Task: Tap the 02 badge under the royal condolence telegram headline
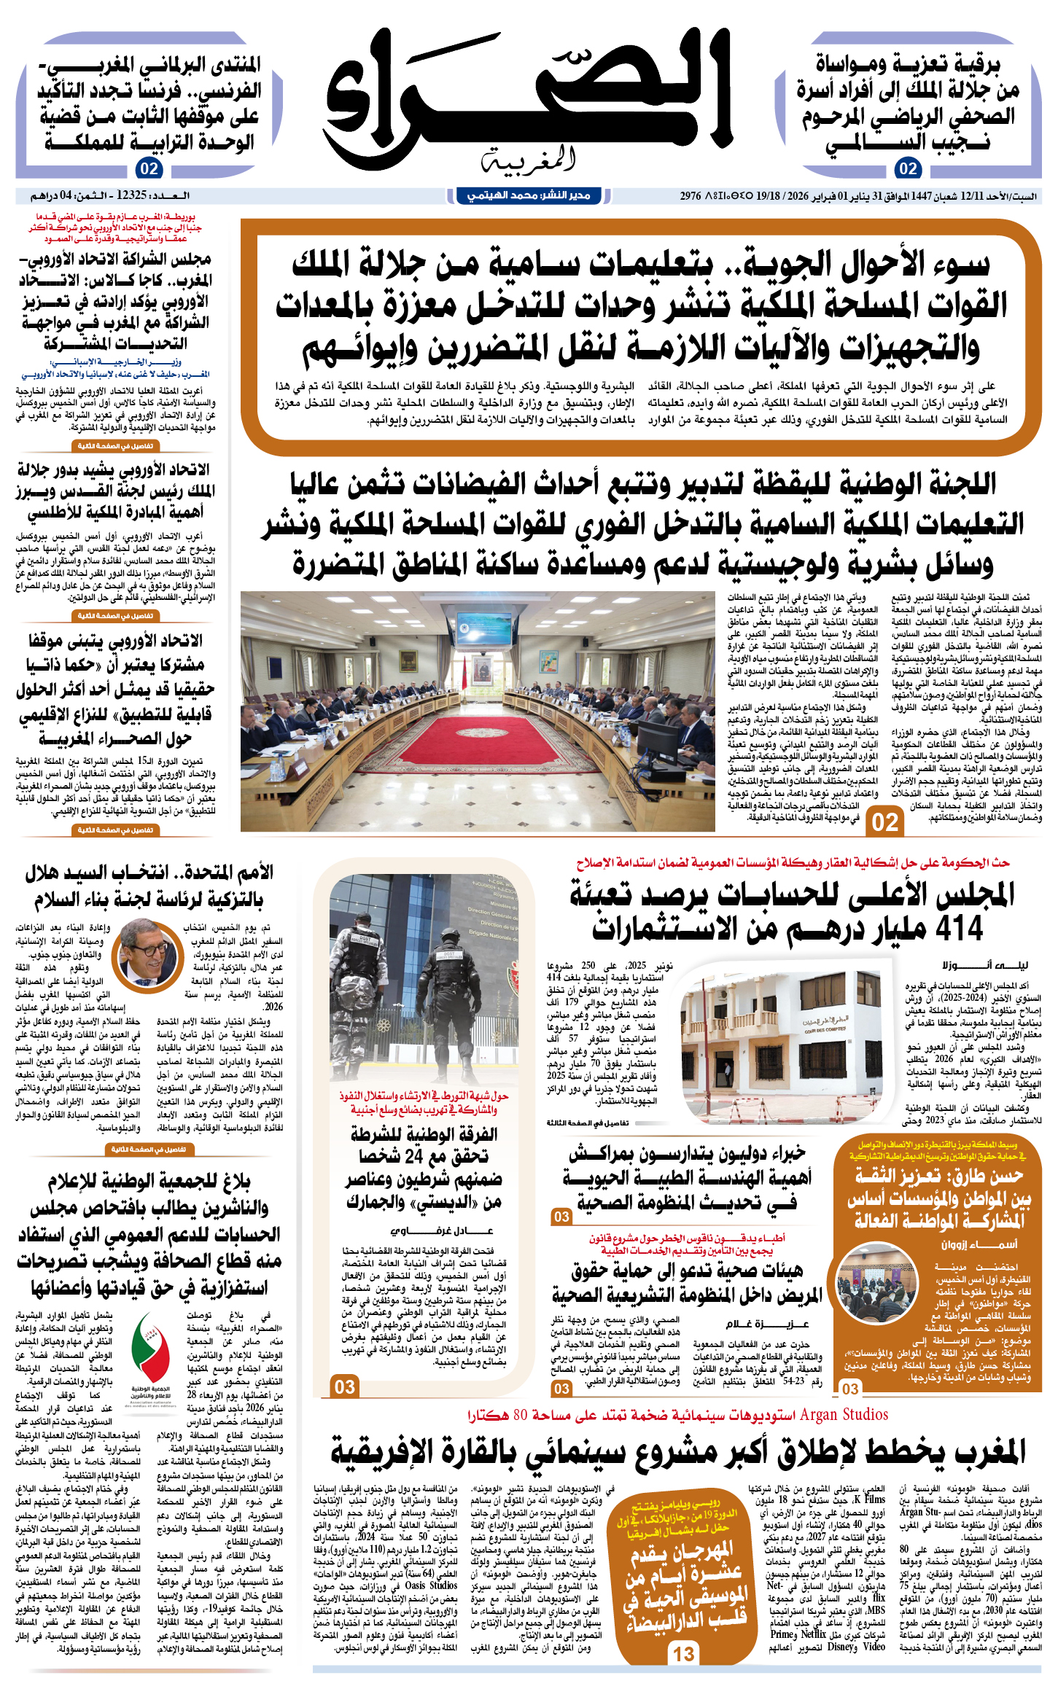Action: click(908, 169)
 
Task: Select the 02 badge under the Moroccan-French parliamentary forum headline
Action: click(149, 169)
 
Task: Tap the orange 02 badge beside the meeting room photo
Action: click(885, 822)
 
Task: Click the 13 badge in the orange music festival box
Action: click(684, 1653)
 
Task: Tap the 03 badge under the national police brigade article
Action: click(345, 1386)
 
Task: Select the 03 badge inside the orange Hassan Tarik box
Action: click(850, 1389)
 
